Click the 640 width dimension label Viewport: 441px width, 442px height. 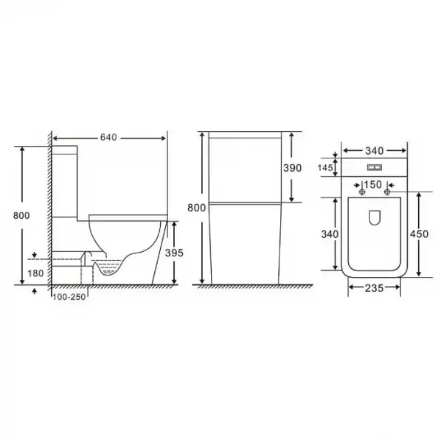108,137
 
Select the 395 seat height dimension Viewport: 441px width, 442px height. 174,253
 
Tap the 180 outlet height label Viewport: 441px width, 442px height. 35,273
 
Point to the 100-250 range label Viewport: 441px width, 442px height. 69,297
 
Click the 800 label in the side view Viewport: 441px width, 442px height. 21,215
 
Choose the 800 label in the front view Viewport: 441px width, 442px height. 197,208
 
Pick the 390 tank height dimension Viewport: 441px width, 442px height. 293,168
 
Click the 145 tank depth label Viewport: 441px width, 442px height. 325,168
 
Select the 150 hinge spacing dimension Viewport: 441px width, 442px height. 372,185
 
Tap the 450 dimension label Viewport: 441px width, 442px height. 419,234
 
